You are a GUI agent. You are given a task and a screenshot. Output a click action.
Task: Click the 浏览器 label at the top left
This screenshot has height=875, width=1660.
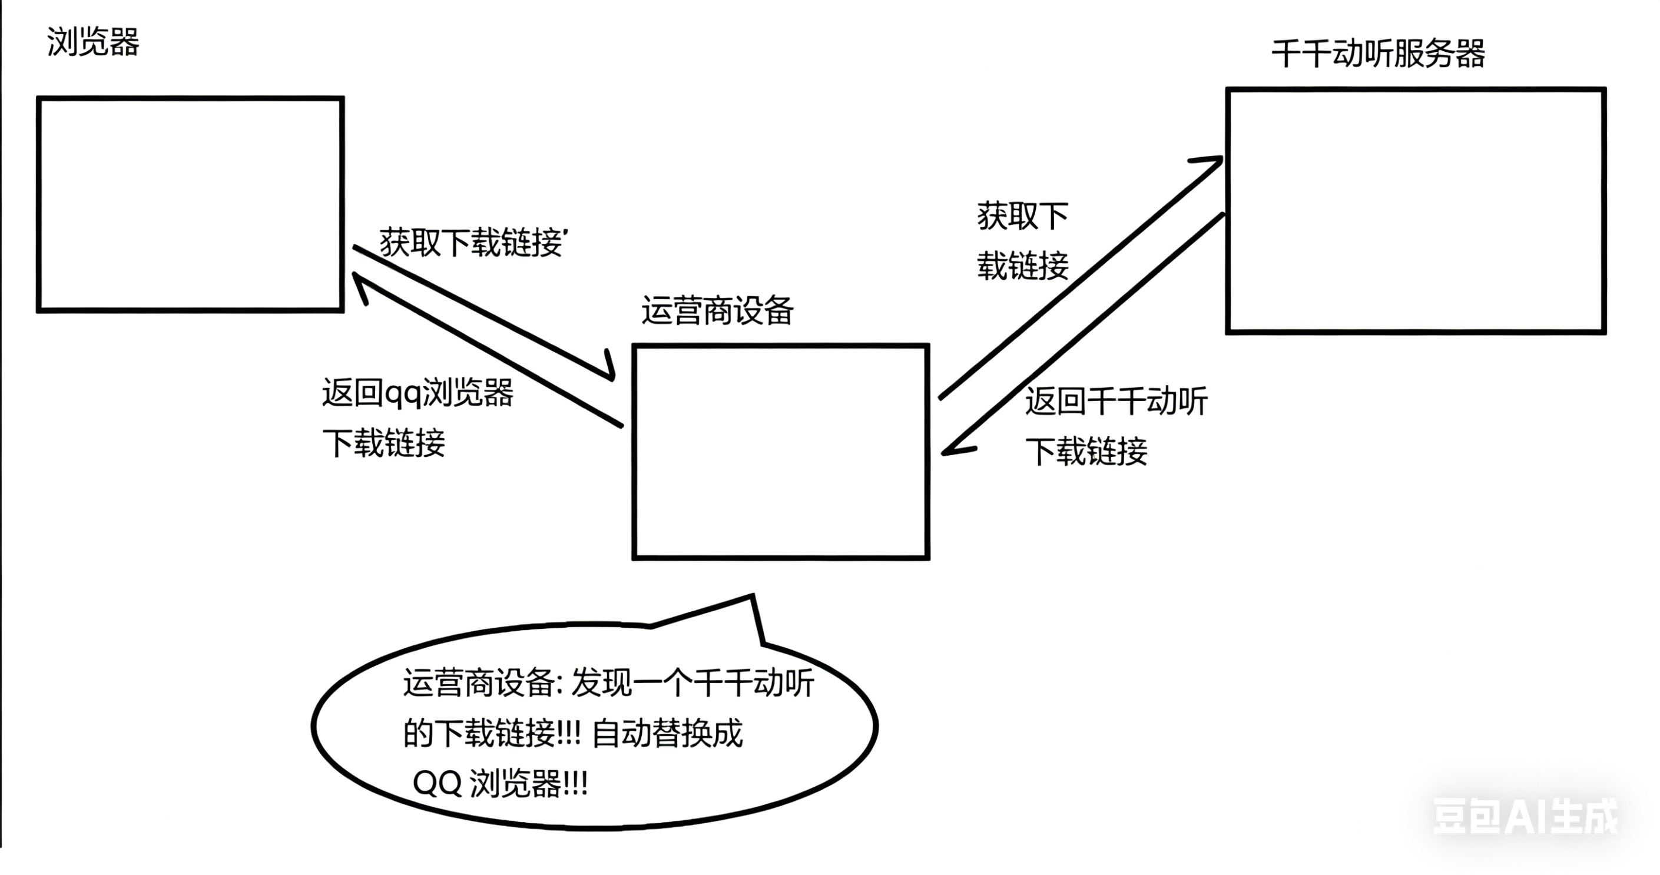tap(93, 42)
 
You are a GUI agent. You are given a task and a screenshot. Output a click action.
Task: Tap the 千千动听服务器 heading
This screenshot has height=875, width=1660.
tap(1378, 54)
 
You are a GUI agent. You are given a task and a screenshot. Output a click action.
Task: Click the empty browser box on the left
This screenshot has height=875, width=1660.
tap(190, 204)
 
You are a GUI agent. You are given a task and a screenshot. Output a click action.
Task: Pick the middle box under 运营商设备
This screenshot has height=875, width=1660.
tap(780, 452)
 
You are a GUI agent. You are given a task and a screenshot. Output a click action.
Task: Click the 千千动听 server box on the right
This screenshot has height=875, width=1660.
tap(1415, 211)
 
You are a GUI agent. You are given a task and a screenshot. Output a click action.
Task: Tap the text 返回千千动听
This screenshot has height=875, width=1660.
tap(1116, 402)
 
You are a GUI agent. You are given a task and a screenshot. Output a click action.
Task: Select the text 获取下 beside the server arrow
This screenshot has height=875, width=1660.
tap(1023, 217)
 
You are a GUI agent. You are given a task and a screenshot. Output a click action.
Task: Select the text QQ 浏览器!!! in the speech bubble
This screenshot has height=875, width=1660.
tap(500, 784)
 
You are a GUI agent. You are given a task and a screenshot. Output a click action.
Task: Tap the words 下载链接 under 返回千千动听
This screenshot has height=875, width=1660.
tap(1086, 451)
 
